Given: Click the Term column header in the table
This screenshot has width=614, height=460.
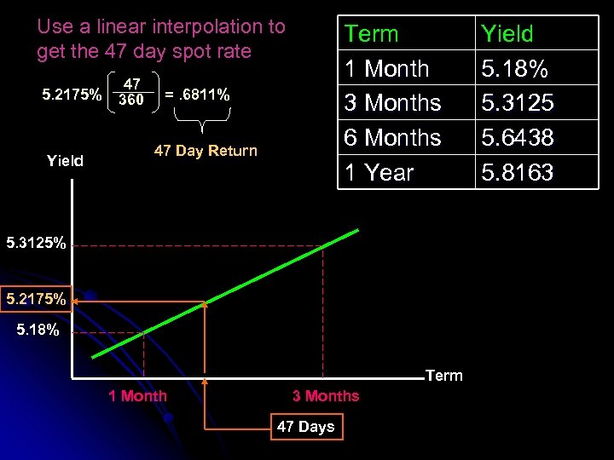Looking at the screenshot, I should pos(371,34).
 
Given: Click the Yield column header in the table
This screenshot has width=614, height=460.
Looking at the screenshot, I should pos(507,34).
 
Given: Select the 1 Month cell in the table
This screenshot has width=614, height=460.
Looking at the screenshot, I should pos(385,68).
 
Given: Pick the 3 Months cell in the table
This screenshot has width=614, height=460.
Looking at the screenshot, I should pos(392,103).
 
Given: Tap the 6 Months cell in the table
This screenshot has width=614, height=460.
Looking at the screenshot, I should pos(392,137).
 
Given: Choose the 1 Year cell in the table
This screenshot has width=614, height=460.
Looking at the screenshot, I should pos(379,172).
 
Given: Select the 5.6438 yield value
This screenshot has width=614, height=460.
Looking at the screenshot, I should pos(517,137).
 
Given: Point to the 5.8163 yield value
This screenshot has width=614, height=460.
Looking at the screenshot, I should pos(517,172).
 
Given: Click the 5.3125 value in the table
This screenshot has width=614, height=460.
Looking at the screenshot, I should pos(517,103).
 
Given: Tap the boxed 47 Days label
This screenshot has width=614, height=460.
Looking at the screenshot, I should pos(305,427).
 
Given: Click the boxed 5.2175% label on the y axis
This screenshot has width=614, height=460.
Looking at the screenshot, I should pos(36,299).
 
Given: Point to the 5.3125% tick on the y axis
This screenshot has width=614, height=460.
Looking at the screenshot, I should pos(36,244).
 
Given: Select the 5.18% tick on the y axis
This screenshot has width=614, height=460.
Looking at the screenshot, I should pos(38,330).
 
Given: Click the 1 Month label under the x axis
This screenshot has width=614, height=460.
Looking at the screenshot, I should pos(137,395).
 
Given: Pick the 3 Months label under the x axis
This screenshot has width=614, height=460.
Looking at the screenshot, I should pos(326,395).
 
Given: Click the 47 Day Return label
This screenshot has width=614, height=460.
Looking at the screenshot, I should pos(205,151).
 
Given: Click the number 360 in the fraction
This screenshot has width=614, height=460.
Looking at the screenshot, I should pos(130,101).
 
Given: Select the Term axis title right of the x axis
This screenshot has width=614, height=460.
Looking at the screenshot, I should pos(443,376).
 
